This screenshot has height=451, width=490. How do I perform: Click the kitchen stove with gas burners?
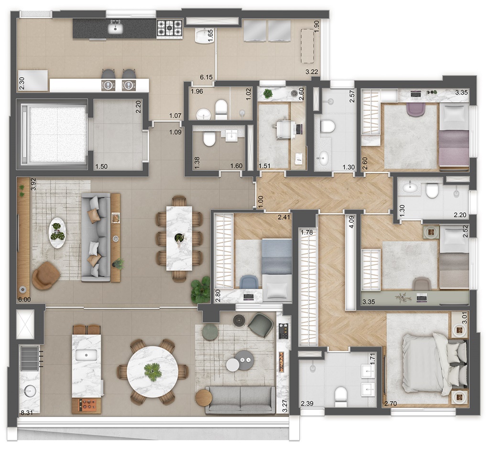[169, 29]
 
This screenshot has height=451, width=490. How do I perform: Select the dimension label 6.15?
[206, 77]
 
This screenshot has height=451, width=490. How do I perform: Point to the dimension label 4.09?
[351, 222]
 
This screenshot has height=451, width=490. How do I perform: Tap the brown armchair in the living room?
[45, 276]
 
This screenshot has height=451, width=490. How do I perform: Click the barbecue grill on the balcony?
[30, 358]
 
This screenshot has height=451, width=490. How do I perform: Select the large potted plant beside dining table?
[200, 289]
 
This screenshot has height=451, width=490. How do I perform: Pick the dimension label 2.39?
[307, 404]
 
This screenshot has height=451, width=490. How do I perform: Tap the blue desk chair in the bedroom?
[249, 282]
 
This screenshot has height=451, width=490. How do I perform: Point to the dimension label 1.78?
[306, 232]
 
